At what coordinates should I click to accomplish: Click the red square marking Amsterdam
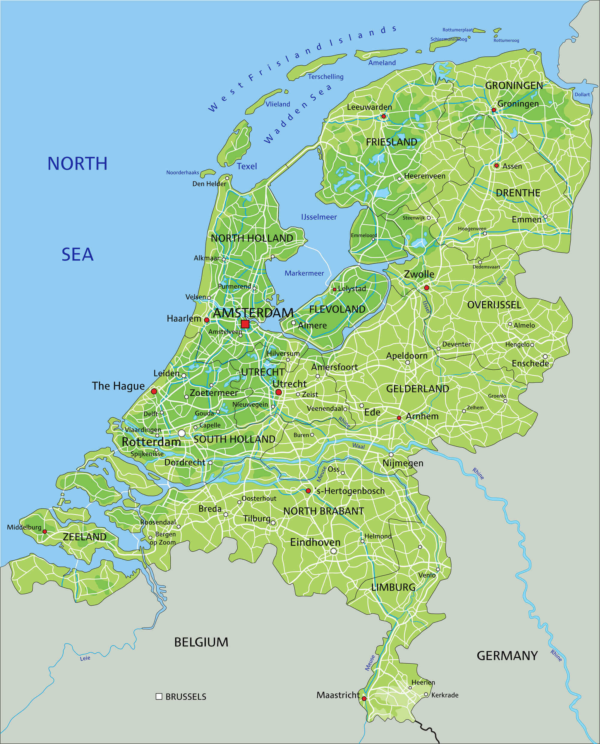[245, 324]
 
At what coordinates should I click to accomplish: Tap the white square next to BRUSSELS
[159, 696]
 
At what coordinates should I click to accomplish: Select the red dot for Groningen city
[493, 110]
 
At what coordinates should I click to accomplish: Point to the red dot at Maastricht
[364, 698]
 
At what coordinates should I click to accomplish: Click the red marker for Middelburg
[45, 532]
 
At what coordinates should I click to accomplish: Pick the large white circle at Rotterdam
[181, 433]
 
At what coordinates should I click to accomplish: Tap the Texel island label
[247, 166]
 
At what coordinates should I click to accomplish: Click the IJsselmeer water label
[319, 217]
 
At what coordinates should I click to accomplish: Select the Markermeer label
[304, 273]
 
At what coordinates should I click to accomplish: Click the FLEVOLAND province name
[337, 309]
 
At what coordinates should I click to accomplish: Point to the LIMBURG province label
[393, 587]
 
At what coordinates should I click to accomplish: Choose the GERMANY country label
[507, 655]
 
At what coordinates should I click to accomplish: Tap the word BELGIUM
[201, 642]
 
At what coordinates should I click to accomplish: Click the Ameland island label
[382, 62]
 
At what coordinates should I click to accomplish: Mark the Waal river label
[358, 446]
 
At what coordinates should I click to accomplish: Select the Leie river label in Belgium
[85, 658]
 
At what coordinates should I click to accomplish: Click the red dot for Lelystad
[334, 289]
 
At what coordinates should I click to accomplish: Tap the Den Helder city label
[209, 184]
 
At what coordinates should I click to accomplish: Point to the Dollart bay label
[582, 94]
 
